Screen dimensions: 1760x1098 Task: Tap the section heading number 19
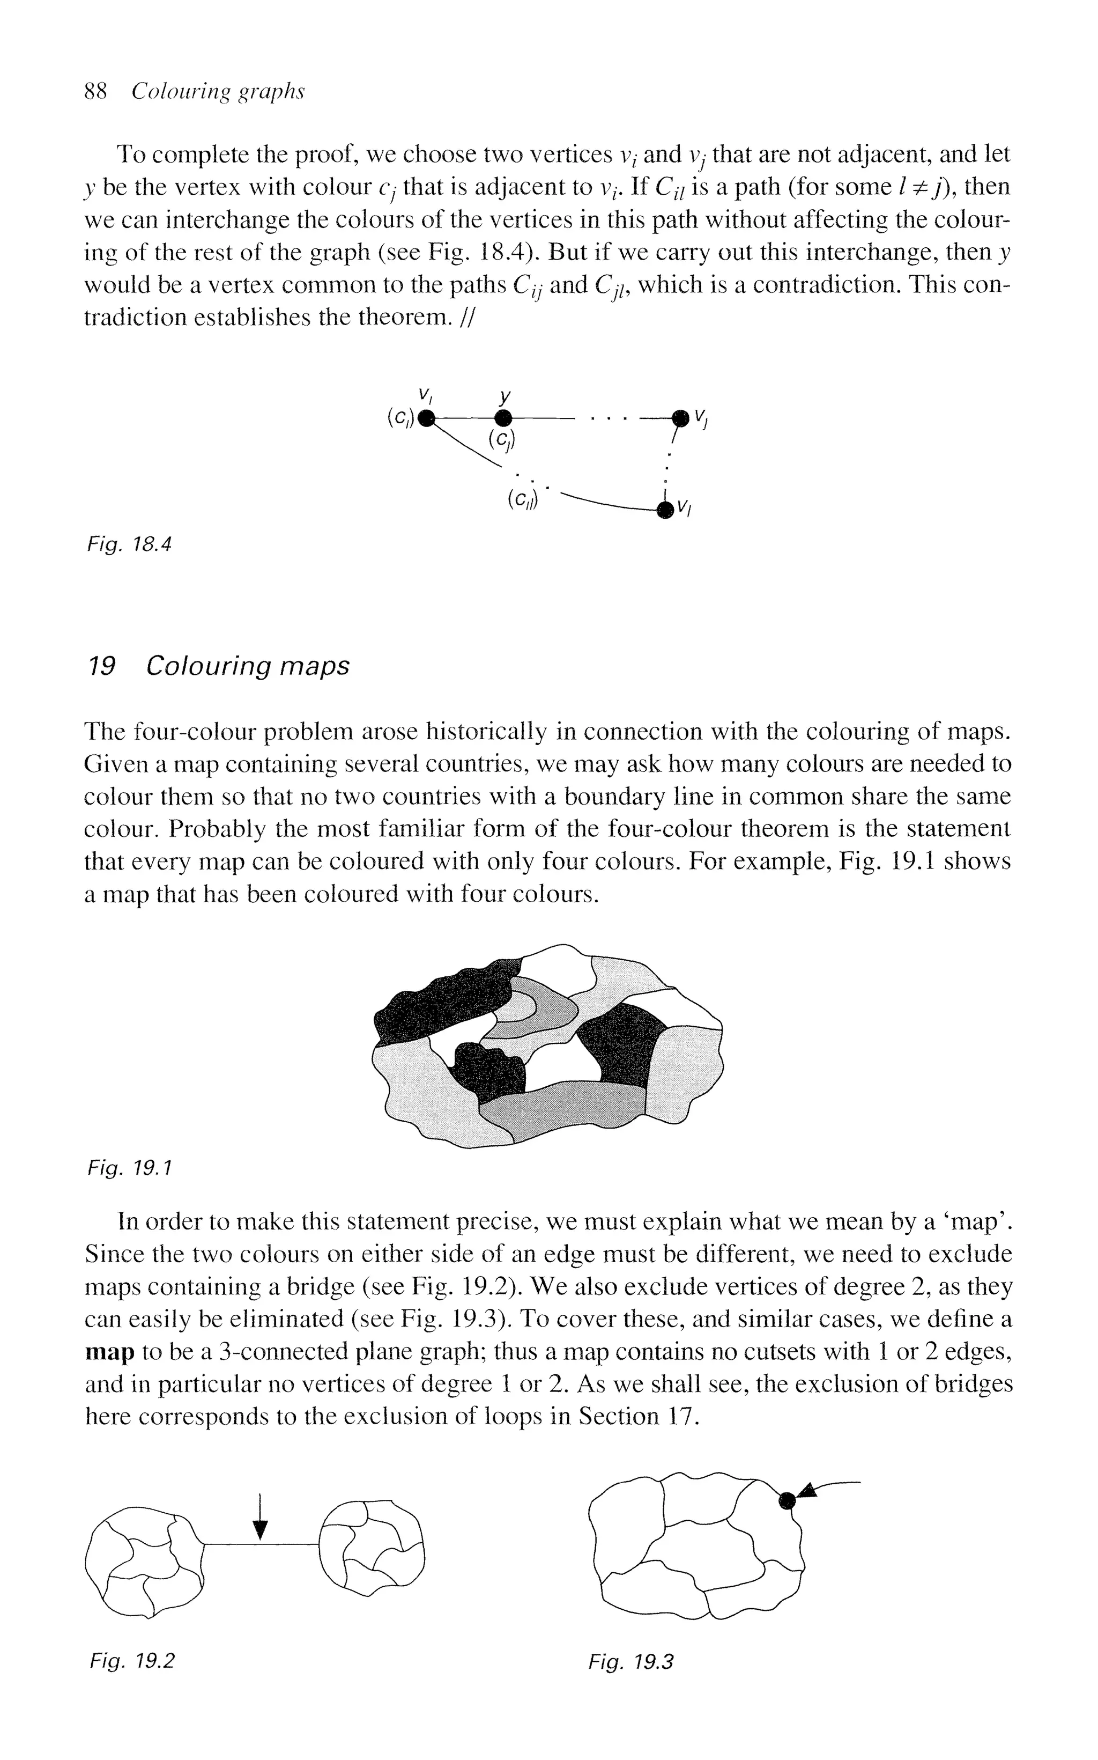(x=100, y=665)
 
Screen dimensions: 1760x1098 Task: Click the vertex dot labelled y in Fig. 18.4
(x=503, y=418)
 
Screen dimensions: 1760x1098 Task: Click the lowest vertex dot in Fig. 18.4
(x=663, y=511)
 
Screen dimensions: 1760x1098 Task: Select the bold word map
(x=110, y=1352)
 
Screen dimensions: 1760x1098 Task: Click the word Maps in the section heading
(x=314, y=665)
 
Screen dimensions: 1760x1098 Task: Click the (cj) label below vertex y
(x=501, y=439)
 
